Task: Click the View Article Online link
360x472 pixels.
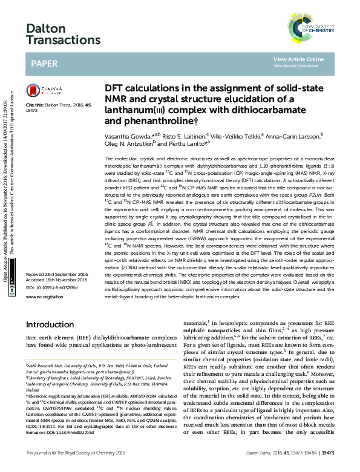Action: pyautogui.click(x=298, y=59)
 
